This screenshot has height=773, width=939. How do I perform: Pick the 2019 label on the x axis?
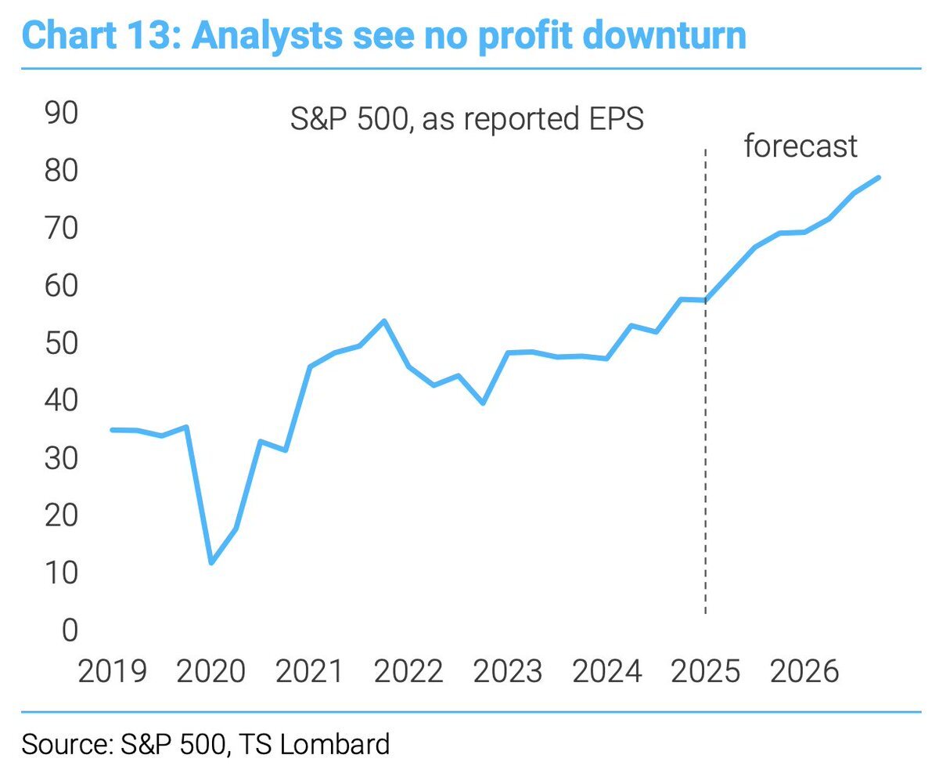(112, 671)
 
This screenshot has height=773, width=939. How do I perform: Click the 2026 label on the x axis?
(805, 671)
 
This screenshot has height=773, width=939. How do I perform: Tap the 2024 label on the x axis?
(607, 671)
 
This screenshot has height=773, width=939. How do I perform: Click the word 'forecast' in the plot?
(800, 146)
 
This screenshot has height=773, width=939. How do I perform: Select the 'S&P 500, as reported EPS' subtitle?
(467, 121)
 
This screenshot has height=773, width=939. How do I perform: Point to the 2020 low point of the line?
(211, 562)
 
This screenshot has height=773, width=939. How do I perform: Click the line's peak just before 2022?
(384, 321)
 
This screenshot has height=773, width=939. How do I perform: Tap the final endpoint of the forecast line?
(879, 178)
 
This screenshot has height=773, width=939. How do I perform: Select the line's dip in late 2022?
(484, 403)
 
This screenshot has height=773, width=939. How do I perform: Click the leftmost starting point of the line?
(112, 430)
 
